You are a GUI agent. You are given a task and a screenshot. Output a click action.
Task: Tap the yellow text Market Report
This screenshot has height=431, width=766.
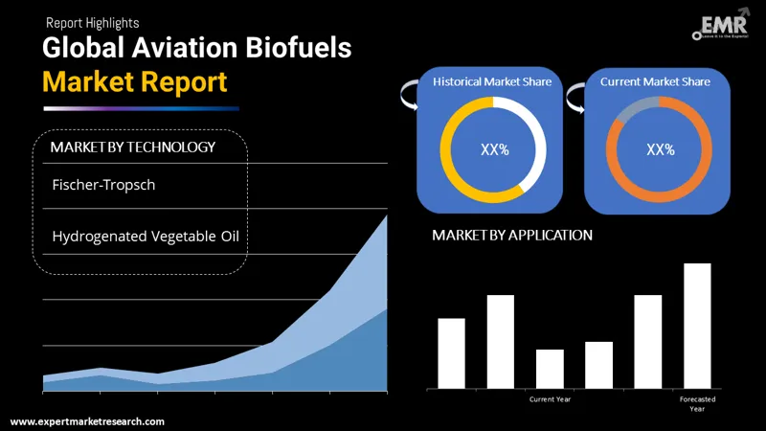135,82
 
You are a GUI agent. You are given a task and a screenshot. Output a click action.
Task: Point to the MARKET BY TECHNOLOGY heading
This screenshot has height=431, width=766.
132,147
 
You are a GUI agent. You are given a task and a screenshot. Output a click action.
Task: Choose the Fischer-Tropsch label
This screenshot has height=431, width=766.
103,185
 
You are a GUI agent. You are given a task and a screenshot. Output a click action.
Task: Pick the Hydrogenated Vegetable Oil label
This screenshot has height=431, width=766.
146,236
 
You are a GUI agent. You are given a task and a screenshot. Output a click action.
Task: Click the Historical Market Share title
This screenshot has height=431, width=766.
491,82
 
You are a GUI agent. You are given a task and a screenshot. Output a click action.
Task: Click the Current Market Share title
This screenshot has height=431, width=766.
655,82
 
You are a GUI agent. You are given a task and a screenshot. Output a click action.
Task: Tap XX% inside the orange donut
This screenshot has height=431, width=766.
660,149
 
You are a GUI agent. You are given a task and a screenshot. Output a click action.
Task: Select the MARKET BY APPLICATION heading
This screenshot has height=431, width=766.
512,235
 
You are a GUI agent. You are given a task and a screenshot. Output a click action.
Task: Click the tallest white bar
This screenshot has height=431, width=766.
697,326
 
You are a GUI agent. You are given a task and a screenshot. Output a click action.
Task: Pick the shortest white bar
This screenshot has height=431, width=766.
550,369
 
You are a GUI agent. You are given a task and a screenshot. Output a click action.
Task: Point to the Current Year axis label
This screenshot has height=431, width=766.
550,398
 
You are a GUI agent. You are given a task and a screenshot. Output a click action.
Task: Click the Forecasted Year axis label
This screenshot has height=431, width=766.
697,403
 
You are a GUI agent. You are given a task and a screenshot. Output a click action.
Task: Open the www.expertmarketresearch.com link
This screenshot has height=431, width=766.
87,421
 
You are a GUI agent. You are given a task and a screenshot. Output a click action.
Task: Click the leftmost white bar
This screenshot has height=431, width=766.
451,352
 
